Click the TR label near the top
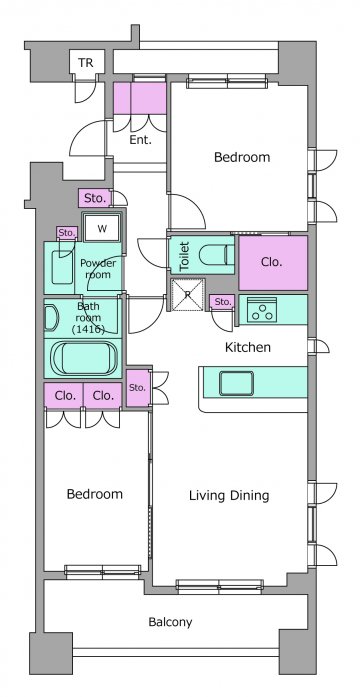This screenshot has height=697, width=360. pyautogui.click(x=86, y=63)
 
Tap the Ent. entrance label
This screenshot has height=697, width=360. pyautogui.click(x=140, y=140)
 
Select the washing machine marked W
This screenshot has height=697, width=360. pyautogui.click(x=102, y=228)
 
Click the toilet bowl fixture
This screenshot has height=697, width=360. pyautogui.click(x=216, y=256)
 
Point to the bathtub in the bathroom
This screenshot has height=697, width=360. pyautogui.click(x=85, y=358)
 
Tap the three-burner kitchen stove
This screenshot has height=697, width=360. pyautogui.click(x=262, y=309)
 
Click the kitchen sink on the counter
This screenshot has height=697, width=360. pyautogui.click(x=236, y=383)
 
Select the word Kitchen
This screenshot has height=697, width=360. pyautogui.click(x=248, y=347)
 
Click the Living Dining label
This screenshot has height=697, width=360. pyautogui.click(x=229, y=495)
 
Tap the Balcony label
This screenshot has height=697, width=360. pyautogui.click(x=170, y=622)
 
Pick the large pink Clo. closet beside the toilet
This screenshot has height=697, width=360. pyautogui.click(x=273, y=263)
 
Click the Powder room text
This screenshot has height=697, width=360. pyautogui.click(x=98, y=268)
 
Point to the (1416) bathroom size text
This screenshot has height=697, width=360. pyautogui.click(x=88, y=329)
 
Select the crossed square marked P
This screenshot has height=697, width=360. pyautogui.click(x=188, y=294)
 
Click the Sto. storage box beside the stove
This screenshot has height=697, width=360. pyautogui.click(x=223, y=302)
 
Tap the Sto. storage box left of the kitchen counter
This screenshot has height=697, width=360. pyautogui.click(x=138, y=388)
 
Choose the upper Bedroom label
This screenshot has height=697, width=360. pyautogui.click(x=242, y=157)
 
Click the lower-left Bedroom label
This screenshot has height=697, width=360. pyautogui.click(x=95, y=494)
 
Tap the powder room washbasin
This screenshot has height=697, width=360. pyautogui.click(x=61, y=268)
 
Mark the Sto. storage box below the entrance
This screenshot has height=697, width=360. pyautogui.click(x=94, y=198)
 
